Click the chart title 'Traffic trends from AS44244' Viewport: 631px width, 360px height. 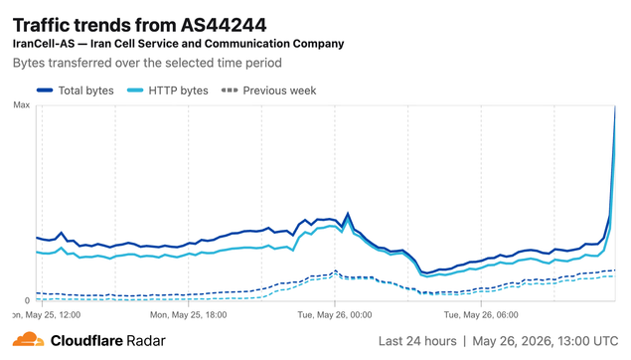pos(140,26)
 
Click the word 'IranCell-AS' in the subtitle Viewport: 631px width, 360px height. pos(44,44)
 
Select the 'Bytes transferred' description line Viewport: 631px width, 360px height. pos(147,64)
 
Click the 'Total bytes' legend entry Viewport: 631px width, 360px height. pos(76,90)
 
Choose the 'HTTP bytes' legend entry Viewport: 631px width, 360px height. pos(167,90)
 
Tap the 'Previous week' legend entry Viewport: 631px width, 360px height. pos(269,90)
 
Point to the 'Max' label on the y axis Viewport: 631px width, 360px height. pos(21,105)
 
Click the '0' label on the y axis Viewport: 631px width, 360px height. pos(27,300)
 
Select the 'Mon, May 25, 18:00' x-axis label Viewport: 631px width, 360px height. pos(189,315)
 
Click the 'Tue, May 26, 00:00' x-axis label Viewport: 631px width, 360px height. pos(335,315)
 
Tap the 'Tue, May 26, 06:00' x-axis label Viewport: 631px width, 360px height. pos(481,315)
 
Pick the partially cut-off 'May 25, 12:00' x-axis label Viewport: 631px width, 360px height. pos(47,315)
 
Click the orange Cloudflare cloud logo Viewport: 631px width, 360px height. pos(28,339)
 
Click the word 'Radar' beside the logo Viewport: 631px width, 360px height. pos(146,341)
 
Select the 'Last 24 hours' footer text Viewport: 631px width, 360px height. pos(417,341)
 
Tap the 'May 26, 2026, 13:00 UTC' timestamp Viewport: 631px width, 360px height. pos(546,341)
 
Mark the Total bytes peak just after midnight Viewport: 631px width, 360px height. pos(348,214)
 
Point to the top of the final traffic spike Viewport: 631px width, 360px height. pos(615,106)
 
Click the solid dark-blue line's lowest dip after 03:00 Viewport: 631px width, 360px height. pos(427,273)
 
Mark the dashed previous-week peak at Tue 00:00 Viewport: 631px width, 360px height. pos(335,271)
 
